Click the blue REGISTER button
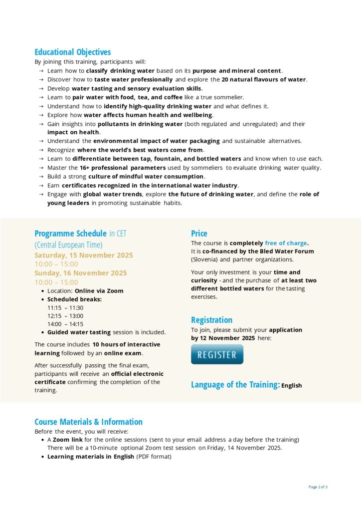(x=217, y=355)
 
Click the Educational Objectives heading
(x=73, y=52)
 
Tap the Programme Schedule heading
(x=70, y=233)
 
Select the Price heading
(x=199, y=233)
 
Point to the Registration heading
(x=211, y=320)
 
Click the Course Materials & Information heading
(x=88, y=422)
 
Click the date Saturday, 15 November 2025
(x=84, y=255)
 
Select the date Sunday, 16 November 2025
(x=81, y=273)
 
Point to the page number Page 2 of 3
(x=318, y=487)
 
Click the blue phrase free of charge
(x=286, y=243)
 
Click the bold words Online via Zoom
(x=99, y=291)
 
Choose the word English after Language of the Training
(x=291, y=386)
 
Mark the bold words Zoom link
(x=67, y=440)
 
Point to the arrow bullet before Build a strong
(x=41, y=177)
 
